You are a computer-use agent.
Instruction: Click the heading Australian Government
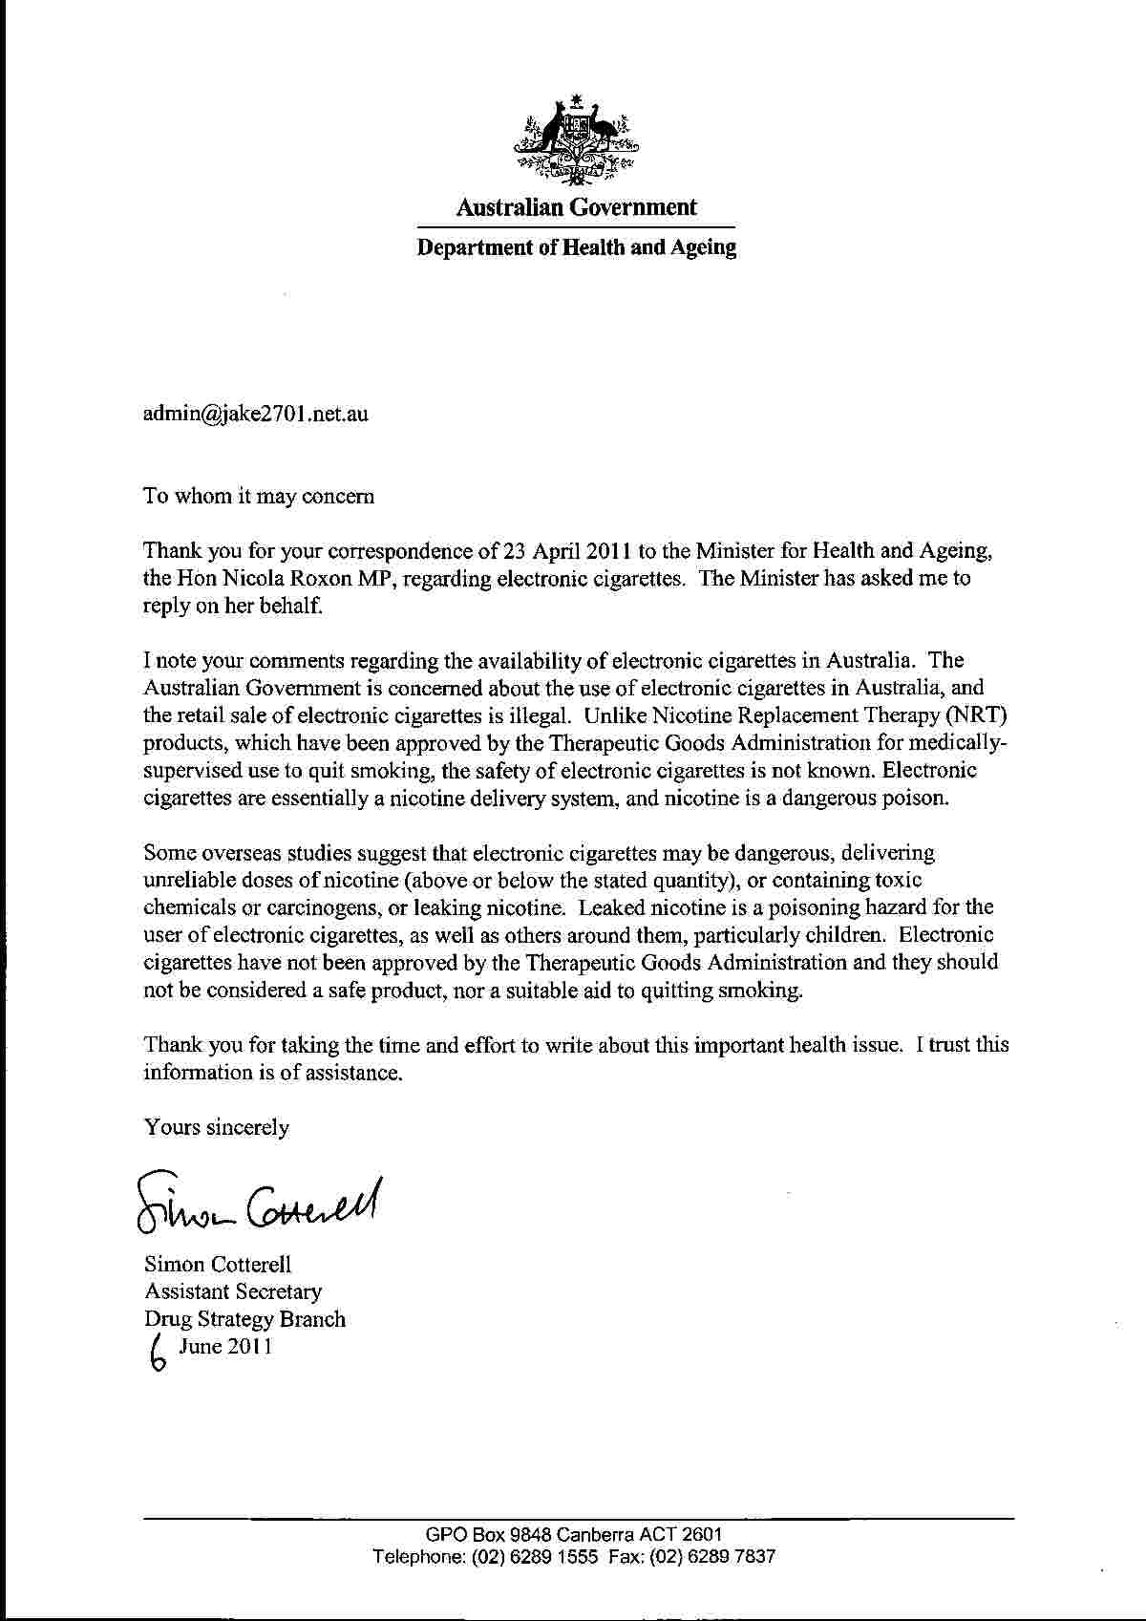tap(576, 207)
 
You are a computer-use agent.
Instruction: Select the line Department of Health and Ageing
tap(576, 248)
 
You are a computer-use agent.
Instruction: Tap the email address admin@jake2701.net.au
tap(256, 414)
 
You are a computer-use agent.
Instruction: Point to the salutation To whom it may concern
tap(259, 496)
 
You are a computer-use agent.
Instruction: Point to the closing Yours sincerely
tap(216, 1127)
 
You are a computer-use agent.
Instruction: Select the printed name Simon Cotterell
tap(218, 1264)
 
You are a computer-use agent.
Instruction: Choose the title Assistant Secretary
tap(233, 1291)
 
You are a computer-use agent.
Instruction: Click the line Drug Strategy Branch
tap(244, 1319)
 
